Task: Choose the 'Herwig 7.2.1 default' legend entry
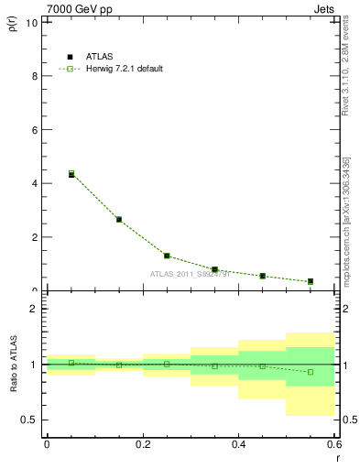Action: click(x=110, y=69)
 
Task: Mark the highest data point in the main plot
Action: click(x=71, y=173)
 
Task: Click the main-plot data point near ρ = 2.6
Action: click(x=119, y=219)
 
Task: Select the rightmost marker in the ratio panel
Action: click(x=311, y=372)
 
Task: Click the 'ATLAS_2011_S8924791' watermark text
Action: click(x=191, y=274)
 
